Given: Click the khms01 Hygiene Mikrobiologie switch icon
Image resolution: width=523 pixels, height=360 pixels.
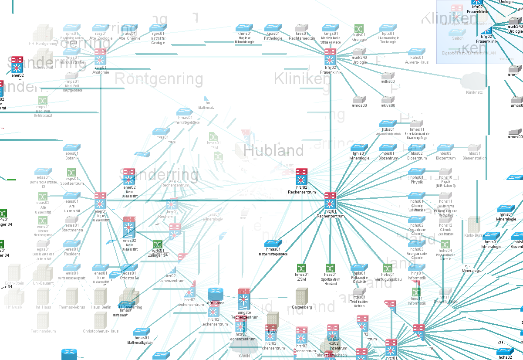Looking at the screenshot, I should pos(244,27).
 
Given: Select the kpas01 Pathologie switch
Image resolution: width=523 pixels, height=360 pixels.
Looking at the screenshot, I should pos(273,27).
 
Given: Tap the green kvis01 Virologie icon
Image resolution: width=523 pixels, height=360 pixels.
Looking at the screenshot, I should pos(359,28).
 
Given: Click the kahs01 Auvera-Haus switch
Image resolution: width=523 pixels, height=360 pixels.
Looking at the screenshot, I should pos(416,51).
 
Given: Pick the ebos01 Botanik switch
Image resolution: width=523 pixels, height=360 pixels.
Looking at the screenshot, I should pos(72,147).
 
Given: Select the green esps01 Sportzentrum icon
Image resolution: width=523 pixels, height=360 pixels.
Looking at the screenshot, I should pos(72,172).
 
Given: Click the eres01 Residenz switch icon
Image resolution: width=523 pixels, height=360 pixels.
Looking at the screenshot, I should pos(72,243).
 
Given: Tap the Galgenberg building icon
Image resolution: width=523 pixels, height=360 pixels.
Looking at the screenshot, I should pos(301,296).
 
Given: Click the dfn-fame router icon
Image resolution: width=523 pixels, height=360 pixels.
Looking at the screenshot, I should pos(216,293).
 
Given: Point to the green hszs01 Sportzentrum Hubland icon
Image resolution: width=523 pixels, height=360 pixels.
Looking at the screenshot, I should pos(331,268).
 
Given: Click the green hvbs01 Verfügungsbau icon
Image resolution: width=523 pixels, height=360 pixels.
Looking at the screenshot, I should pos(388,268).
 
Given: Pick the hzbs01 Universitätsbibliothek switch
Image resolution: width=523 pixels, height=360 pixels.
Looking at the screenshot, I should pos(388,124).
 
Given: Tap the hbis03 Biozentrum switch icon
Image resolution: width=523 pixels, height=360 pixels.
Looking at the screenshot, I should pos(445,148).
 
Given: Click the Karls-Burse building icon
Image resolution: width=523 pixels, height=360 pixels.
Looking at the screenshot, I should pos(474,224).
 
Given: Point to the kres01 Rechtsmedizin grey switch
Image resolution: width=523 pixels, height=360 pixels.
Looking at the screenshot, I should pos(302,27).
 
